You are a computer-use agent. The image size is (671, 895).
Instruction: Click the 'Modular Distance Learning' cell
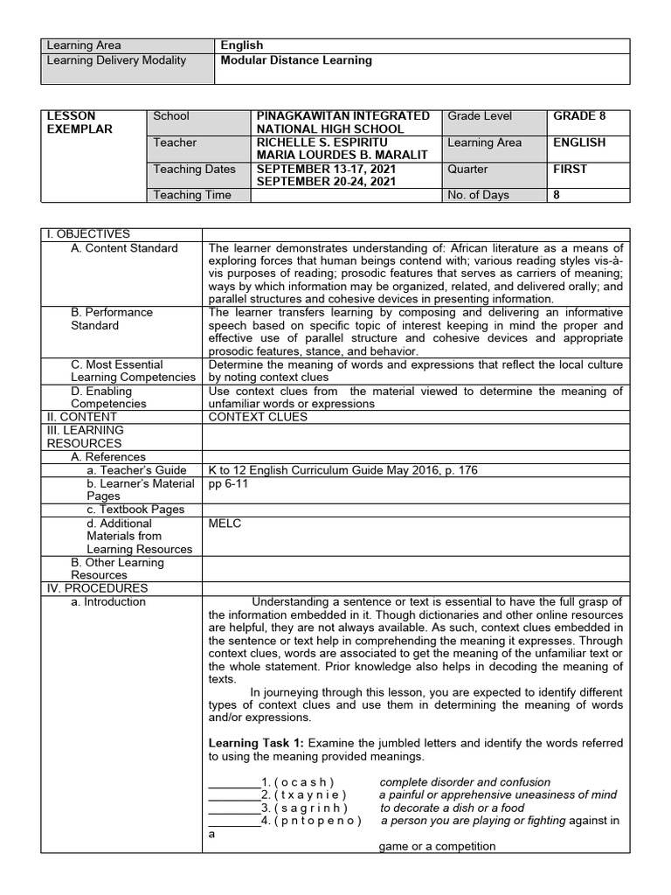pyautogui.click(x=296, y=60)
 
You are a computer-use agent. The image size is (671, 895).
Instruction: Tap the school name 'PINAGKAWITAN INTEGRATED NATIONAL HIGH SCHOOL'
pyautogui.click(x=342, y=122)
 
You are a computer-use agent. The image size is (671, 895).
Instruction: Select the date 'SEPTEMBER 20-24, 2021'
pyautogui.click(x=326, y=182)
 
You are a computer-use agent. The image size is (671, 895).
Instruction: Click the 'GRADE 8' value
pyautogui.click(x=579, y=116)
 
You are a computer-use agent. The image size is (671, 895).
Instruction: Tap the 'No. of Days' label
pyautogui.click(x=478, y=195)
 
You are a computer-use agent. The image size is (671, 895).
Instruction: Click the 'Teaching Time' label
pyautogui.click(x=192, y=195)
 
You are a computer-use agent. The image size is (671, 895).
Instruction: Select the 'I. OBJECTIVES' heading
pyautogui.click(x=87, y=234)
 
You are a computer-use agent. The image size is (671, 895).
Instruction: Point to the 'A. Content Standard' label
pyautogui.click(x=124, y=248)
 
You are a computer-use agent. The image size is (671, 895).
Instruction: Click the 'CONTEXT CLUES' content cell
pyautogui.click(x=258, y=417)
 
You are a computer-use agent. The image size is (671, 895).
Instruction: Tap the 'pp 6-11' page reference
pyautogui.click(x=229, y=483)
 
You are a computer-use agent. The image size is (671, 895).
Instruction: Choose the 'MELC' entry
pyautogui.click(x=225, y=524)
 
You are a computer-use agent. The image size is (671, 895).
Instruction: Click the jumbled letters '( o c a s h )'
pyautogui.click(x=304, y=782)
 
